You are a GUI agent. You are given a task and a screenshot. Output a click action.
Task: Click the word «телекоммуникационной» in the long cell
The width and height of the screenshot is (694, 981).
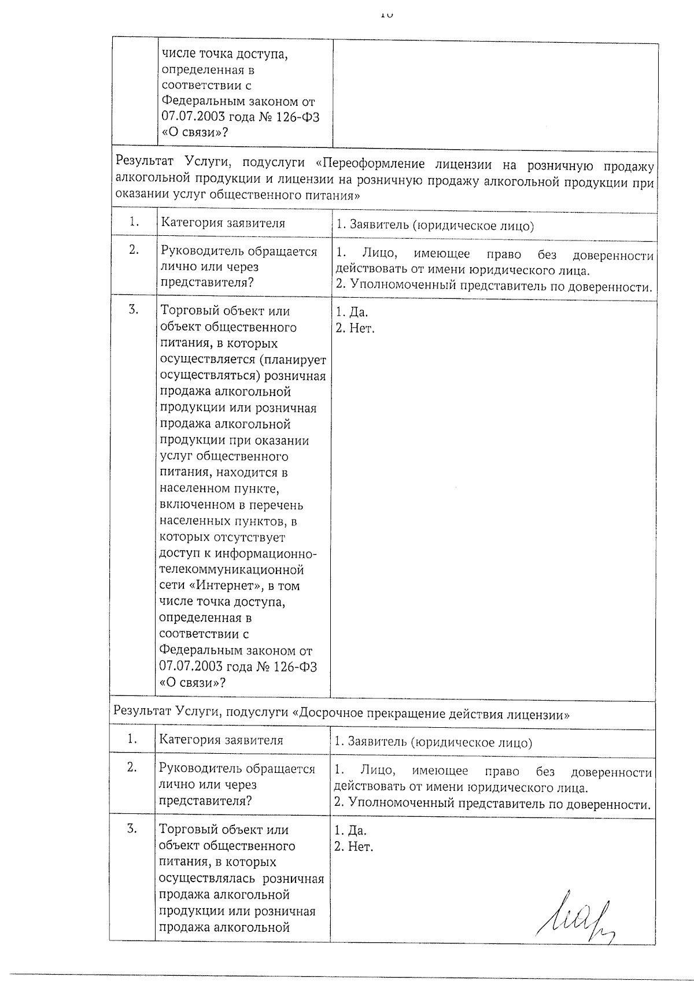click(x=231, y=570)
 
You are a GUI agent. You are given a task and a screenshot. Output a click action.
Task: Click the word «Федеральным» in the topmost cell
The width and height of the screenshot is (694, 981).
click(x=202, y=102)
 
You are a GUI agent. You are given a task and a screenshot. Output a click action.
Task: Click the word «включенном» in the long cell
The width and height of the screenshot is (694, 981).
click(x=193, y=505)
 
